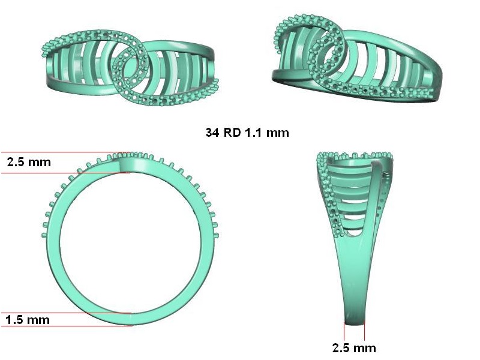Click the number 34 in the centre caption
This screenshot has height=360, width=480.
212,133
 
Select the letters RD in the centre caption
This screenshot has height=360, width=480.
232,133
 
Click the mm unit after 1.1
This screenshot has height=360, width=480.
277,133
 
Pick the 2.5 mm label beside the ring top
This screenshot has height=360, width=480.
29,162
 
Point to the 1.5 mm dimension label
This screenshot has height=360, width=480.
28,320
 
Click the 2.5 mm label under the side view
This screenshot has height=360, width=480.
354,348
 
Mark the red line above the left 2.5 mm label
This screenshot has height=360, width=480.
66,152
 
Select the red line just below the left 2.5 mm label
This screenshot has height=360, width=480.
66,173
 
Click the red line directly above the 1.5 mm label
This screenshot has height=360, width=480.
67,313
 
